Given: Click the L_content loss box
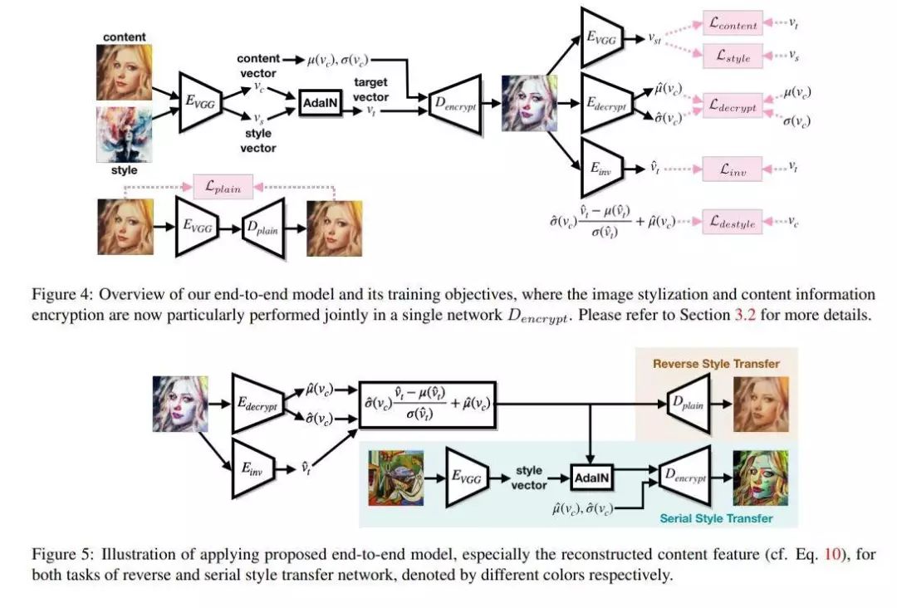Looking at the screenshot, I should point(733,25).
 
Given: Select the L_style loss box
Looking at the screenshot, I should point(733,56).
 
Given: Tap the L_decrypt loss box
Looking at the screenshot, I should point(733,106).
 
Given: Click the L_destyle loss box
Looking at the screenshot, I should point(733,222).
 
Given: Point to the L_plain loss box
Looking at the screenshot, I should point(223,187).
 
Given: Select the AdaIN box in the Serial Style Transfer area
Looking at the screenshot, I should point(593,478).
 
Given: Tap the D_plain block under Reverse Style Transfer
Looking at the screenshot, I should point(689,404).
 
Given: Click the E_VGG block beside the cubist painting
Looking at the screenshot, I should point(467,478).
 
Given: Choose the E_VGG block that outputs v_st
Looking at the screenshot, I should point(601,37).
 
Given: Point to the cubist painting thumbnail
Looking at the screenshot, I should point(396,478).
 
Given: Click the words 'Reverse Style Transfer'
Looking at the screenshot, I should point(716,363).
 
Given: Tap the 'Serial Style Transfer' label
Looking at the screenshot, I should point(716,518).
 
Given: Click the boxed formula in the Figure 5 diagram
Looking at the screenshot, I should point(427,405).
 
